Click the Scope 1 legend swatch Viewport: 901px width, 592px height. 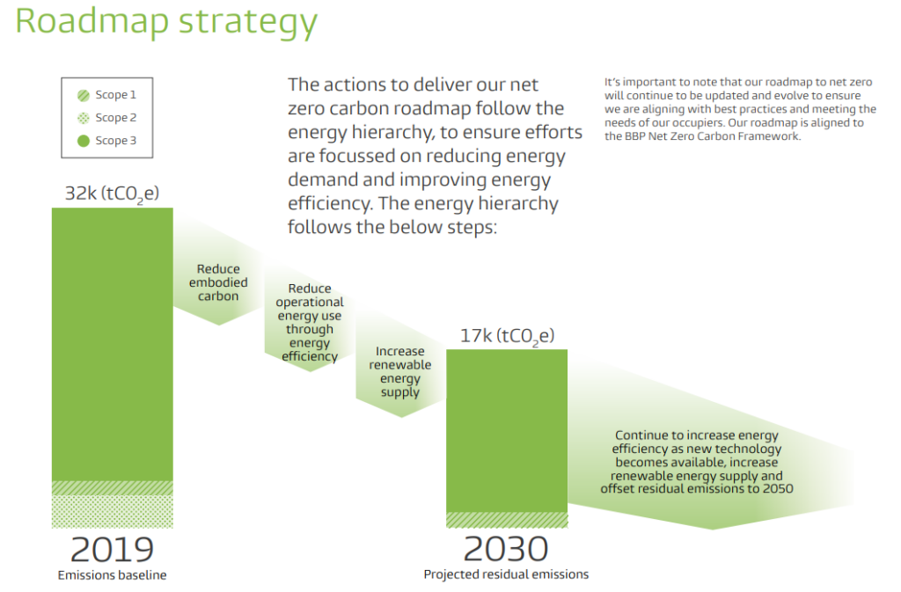[84, 95]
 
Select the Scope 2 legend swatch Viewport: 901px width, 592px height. [84, 118]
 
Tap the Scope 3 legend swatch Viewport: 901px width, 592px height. [84, 141]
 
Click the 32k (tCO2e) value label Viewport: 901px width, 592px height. [112, 194]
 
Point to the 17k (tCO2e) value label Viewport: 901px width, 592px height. [507, 335]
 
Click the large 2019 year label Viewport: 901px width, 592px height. [112, 549]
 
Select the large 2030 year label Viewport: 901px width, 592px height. [506, 549]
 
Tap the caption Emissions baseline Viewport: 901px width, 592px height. [112, 575]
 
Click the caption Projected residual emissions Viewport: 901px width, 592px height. [506, 574]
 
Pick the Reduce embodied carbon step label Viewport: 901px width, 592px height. [218, 282]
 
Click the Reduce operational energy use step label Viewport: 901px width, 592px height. [310, 322]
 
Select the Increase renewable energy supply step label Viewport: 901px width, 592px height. [400, 372]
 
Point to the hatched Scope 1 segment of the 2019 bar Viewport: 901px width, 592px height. [112, 488]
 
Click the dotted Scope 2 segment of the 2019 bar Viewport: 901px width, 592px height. [112, 511]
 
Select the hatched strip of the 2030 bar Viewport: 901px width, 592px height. [506, 520]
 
